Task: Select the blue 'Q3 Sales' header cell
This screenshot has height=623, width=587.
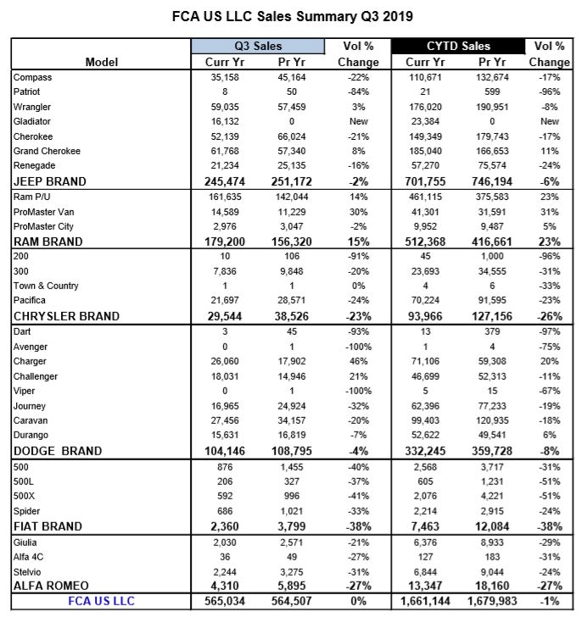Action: click(246, 46)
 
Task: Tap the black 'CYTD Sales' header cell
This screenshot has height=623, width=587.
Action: click(456, 46)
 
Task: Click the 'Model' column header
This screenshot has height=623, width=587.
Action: click(102, 62)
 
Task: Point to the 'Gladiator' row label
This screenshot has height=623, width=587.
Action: click(32, 121)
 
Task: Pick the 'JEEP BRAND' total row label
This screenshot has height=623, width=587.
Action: click(50, 181)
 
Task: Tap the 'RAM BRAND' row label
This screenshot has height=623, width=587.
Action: click(48, 242)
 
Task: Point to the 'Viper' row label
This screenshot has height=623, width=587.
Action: click(25, 391)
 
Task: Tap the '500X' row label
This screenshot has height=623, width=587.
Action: click(25, 496)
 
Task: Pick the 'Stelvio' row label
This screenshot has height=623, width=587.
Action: click(28, 571)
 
